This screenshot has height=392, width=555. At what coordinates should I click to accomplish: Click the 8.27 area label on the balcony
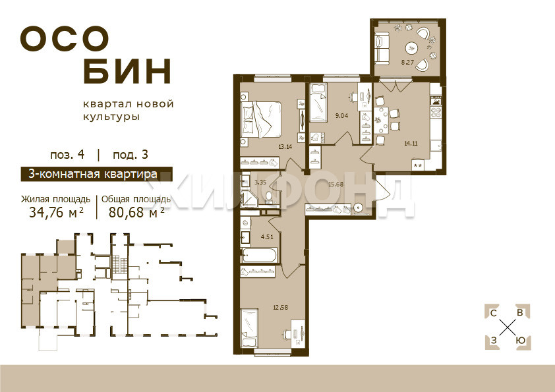pos(407,63)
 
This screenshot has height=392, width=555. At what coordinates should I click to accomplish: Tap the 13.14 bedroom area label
pos(285,146)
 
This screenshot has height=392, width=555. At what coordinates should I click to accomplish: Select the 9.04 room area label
pos(341,115)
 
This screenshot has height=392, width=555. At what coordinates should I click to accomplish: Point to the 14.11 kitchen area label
pos(411,143)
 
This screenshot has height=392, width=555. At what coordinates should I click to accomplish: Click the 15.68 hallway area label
pos(336,184)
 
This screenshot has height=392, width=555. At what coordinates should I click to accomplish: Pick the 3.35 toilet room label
pos(260,182)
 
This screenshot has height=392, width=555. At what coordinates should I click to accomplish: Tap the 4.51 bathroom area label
pos(267,237)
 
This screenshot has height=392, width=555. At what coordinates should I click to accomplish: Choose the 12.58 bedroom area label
pos(280,307)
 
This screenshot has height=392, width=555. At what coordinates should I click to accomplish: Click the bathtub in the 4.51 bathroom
pos(259,256)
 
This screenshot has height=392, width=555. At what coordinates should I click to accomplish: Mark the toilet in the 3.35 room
pos(269,198)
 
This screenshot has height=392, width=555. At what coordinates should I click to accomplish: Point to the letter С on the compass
pos(493,313)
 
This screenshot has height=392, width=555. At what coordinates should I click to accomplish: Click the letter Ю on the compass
pos(520,341)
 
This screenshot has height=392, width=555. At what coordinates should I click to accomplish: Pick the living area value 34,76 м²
pos(56,212)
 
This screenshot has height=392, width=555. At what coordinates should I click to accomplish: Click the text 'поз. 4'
pos(67,155)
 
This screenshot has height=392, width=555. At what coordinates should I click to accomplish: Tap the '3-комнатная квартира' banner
pos(96,174)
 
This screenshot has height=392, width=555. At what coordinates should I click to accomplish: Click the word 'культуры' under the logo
pos(111,117)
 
